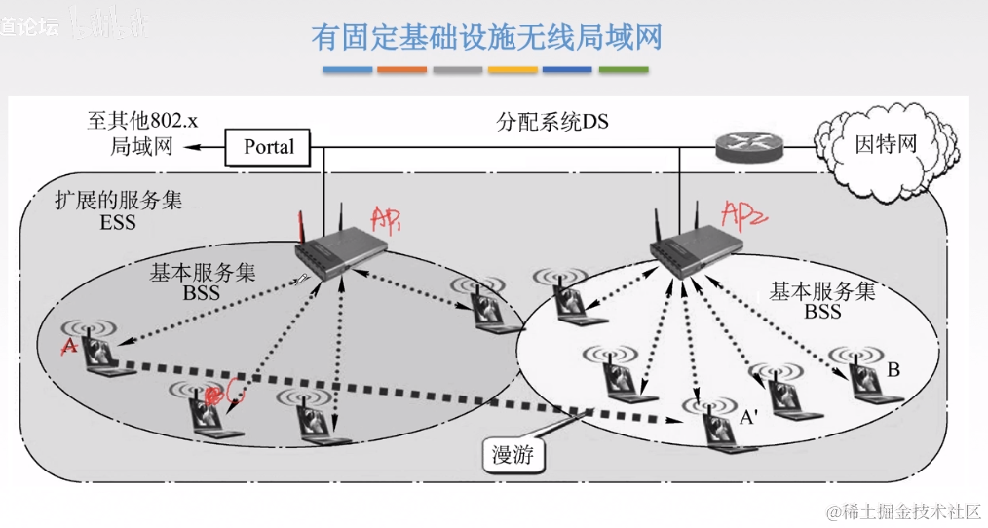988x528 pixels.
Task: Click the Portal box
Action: point(268,147)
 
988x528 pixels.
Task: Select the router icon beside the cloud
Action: point(747,148)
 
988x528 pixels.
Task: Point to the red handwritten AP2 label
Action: point(744,211)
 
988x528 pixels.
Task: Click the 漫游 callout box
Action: point(513,455)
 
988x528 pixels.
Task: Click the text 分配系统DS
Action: point(552,122)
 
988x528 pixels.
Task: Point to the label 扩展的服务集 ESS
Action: point(115,210)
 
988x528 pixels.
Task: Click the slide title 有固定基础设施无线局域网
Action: point(486,37)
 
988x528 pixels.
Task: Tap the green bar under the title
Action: point(624,70)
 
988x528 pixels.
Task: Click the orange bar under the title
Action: point(401,70)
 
